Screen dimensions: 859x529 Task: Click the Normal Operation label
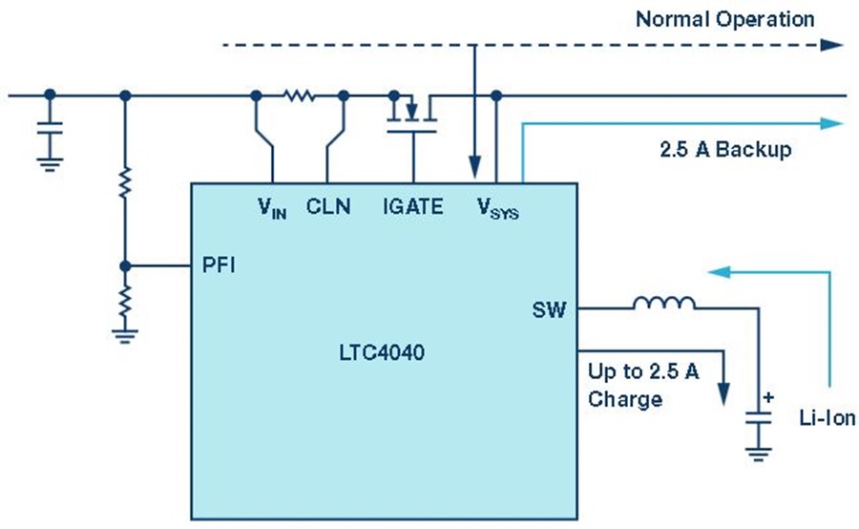724,20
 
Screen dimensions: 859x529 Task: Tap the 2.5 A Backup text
725,149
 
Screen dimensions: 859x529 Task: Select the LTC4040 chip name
382,352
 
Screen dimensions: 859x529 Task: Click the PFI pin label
219,265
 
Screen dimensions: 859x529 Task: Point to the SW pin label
549,310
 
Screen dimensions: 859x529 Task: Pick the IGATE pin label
413,206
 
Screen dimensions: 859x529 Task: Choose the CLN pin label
328,206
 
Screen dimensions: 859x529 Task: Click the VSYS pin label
497,208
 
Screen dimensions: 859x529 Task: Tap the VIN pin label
272,208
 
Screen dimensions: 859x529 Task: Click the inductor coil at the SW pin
664,303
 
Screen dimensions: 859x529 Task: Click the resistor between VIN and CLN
299,95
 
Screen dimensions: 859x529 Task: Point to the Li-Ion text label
828,418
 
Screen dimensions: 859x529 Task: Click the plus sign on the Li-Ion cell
768,397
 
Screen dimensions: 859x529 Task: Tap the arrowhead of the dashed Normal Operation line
831,45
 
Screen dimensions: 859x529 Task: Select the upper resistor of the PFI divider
125,182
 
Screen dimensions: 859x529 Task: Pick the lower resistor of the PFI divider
125,301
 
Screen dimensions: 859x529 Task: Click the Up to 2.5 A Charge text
643,386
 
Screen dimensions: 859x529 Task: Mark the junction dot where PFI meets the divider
125,266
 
